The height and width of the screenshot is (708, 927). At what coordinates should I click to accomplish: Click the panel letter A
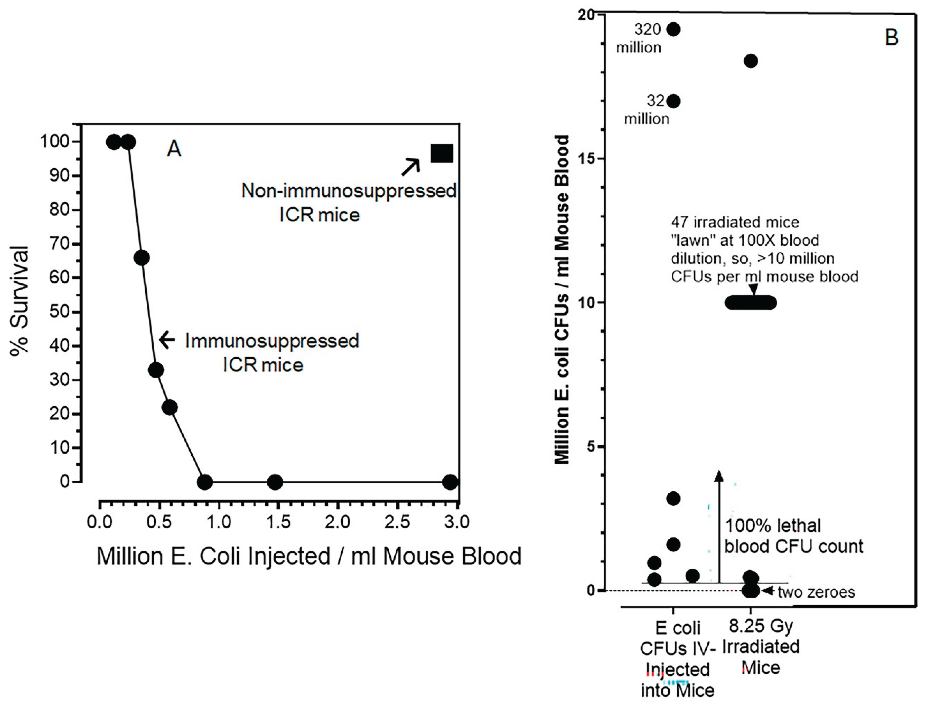[174, 149]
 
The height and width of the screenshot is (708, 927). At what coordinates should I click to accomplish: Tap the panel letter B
[891, 37]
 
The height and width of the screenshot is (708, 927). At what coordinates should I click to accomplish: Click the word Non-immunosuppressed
[349, 191]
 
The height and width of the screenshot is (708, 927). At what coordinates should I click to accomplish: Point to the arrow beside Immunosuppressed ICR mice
[167, 339]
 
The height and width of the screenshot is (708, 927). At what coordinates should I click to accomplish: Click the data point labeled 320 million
[674, 30]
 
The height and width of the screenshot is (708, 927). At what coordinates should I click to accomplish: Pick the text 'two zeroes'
[816, 592]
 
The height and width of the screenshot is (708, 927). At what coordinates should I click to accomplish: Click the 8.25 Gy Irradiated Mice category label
[761, 646]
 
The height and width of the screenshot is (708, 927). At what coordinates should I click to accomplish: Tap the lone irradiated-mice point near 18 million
[751, 61]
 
